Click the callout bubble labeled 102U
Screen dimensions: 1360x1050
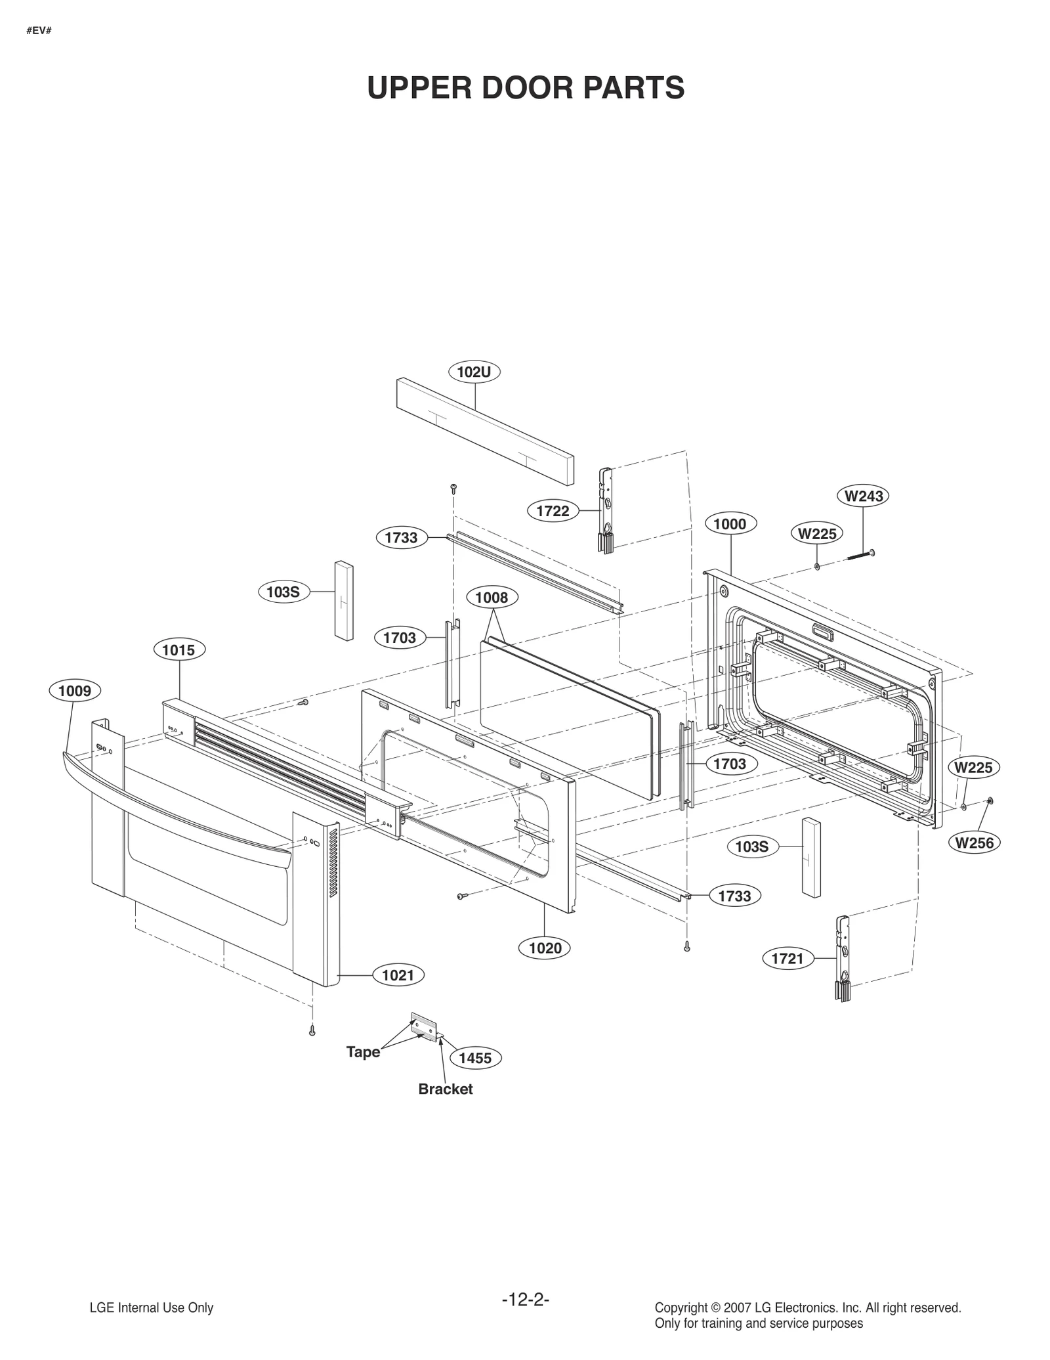[x=474, y=372]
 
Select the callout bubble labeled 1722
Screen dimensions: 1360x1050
[x=553, y=511]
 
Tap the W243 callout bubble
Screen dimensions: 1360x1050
[x=863, y=496]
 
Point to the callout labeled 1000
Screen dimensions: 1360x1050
[x=730, y=524]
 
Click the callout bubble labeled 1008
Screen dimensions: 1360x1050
[x=492, y=598]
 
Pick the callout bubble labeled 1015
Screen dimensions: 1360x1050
[x=178, y=650]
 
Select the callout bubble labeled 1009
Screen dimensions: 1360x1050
[x=75, y=691]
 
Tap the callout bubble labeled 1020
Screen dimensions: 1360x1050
[x=545, y=948]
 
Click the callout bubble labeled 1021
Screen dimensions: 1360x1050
[x=398, y=975]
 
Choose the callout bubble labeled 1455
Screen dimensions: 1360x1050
[x=475, y=1058]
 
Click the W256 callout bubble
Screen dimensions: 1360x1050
[x=975, y=843]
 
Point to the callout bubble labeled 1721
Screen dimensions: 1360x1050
[x=787, y=959]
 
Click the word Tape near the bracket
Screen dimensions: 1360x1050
[x=363, y=1052]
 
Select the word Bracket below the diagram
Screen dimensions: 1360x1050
[x=445, y=1089]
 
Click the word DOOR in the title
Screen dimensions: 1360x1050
[x=526, y=88]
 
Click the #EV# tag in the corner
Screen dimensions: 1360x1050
[x=39, y=31]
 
